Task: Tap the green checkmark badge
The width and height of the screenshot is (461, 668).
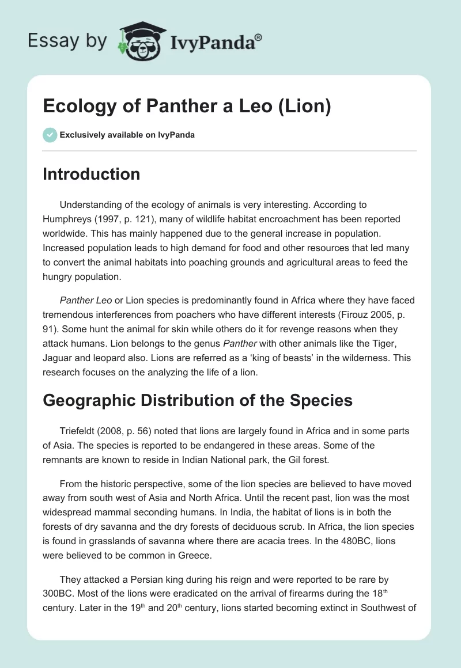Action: pyautogui.click(x=50, y=135)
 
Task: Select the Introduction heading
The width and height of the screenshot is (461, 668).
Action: pyautogui.click(x=91, y=174)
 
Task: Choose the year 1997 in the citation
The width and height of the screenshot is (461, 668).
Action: pyautogui.click(x=110, y=219)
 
